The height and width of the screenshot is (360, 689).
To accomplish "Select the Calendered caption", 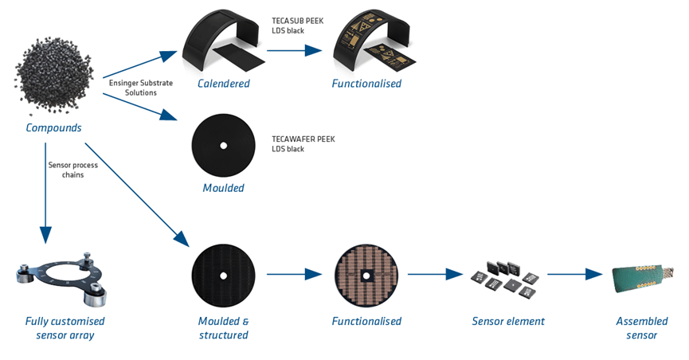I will click(x=224, y=84).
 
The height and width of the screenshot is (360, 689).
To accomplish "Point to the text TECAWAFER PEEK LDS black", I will click(x=303, y=144).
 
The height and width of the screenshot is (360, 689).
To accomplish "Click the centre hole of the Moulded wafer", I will click(x=224, y=145).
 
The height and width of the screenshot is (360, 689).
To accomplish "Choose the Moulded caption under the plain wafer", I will click(x=224, y=189).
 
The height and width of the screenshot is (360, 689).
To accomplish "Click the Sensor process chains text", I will click(x=71, y=170).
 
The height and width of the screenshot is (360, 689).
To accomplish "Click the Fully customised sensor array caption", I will click(x=65, y=327).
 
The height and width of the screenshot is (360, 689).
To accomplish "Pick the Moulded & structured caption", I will click(x=223, y=327).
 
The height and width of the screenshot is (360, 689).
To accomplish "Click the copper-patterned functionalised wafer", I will click(x=366, y=275).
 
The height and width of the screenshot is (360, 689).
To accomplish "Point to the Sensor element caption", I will click(x=508, y=321).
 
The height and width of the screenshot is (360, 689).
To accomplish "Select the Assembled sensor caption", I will click(x=636, y=327).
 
